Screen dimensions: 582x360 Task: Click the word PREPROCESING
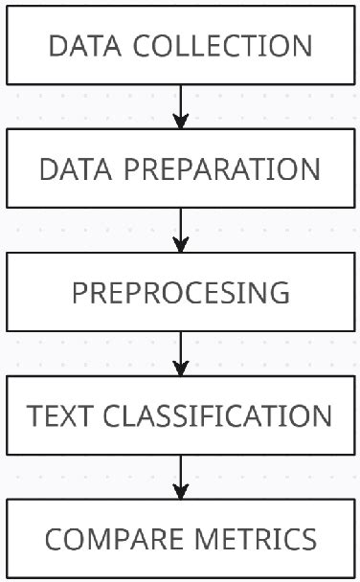pyautogui.click(x=181, y=293)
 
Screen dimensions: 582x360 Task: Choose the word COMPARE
pyautogui.click(x=106, y=540)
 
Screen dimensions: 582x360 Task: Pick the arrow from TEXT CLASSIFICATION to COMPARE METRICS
pyautogui.click(x=181, y=473)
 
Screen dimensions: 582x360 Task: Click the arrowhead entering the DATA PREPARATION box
pyautogui.click(x=181, y=121)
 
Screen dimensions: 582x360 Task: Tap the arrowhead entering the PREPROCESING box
pyautogui.click(x=181, y=245)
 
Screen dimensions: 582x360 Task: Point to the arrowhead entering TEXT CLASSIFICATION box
pyautogui.click(x=181, y=369)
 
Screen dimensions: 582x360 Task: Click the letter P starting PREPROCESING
pyautogui.click(x=80, y=293)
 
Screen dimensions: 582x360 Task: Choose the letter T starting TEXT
pyautogui.click(x=34, y=416)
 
